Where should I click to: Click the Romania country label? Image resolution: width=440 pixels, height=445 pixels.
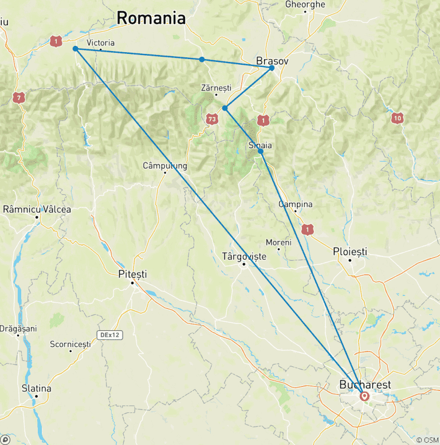[151, 18]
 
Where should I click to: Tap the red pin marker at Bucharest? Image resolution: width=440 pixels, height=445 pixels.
[364, 396]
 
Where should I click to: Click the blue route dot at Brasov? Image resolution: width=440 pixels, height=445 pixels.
[272, 68]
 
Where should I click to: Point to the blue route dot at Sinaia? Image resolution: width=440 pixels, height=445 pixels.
[261, 151]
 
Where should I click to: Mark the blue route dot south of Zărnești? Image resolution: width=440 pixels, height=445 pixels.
[225, 108]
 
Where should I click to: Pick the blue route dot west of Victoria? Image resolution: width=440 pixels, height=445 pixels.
[76, 49]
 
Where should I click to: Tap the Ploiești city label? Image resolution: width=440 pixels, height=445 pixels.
[350, 252]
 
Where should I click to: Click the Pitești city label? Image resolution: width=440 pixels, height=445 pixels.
[132, 274]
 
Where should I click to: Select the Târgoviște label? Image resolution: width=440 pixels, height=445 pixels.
[244, 256]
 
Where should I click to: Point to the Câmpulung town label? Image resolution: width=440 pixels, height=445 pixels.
[165, 166]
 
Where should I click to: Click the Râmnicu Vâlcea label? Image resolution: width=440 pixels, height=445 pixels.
[37, 209]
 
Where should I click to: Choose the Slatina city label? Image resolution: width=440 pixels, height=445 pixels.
[36, 388]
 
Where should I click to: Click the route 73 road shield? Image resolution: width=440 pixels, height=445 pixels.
[213, 119]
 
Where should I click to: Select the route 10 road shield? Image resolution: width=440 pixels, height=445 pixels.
[397, 118]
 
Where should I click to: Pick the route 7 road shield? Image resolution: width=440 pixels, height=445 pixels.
[19, 98]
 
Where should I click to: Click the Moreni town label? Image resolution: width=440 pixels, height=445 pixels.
[279, 243]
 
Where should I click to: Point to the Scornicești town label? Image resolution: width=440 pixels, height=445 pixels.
[70, 344]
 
